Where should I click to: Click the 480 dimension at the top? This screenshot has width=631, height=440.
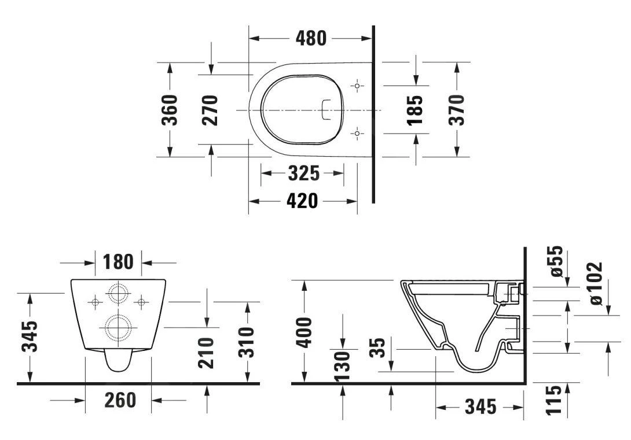click(311, 38)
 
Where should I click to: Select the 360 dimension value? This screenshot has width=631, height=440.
click(170, 110)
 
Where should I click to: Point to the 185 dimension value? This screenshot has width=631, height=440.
click(416, 110)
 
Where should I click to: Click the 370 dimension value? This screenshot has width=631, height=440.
click(457, 110)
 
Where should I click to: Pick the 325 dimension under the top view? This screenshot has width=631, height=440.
click(302, 173)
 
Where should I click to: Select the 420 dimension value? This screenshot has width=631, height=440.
click(302, 201)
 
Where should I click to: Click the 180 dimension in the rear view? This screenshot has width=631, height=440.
click(118, 262)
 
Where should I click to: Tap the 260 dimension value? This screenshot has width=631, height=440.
click(120, 400)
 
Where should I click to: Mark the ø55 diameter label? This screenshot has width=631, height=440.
click(556, 261)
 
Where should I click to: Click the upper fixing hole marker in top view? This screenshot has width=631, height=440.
click(358, 86)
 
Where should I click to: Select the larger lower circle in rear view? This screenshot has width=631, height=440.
click(118, 327)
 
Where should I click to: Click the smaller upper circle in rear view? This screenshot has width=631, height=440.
click(118, 294)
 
